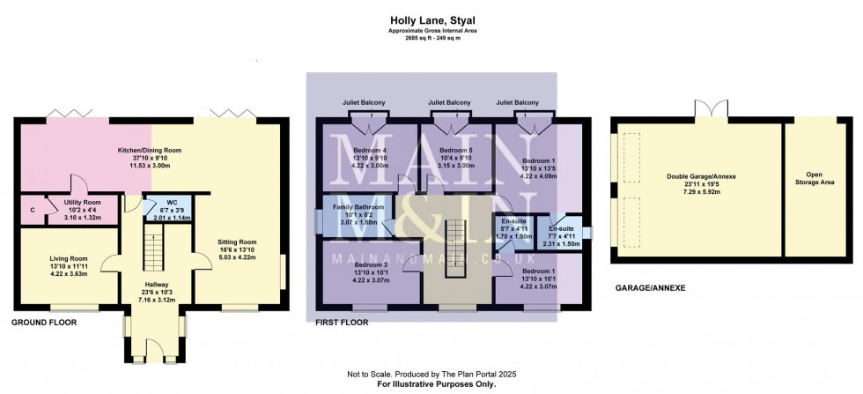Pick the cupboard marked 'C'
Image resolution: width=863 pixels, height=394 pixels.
coord(33,210)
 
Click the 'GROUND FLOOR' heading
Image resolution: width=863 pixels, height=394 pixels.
coord(44,323)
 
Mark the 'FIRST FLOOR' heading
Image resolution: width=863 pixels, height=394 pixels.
coord(342,323)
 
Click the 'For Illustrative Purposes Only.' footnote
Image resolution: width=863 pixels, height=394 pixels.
coord(431,384)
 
